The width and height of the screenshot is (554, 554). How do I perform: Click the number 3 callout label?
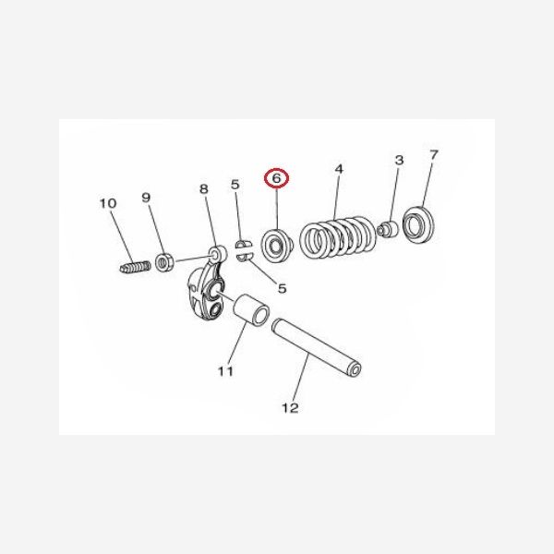[x=399, y=161]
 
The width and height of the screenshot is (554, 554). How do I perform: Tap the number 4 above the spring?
[x=339, y=169]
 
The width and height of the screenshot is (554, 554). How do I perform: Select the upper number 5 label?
[x=235, y=185]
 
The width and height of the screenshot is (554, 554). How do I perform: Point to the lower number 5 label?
[x=282, y=288]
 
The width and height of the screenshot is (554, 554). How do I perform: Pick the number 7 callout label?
[x=434, y=154]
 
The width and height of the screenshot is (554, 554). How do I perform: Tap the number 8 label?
[x=203, y=189]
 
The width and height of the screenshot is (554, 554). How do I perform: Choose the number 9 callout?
[x=146, y=197]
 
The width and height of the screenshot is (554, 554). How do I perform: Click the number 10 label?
[x=108, y=203]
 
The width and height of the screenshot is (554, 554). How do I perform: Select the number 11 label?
[x=224, y=371]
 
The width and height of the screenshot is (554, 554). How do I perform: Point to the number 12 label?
[x=290, y=407]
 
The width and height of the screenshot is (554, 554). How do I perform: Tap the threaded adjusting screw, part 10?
[x=135, y=268]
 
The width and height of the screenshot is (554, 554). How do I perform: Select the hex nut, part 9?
[x=166, y=262]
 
